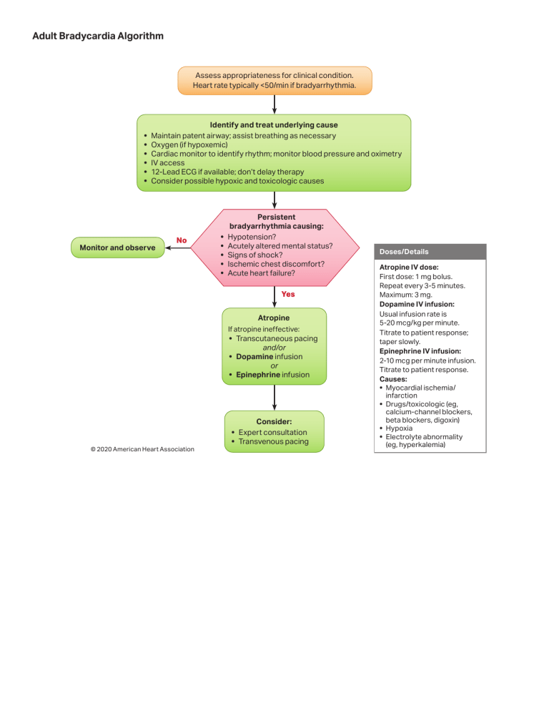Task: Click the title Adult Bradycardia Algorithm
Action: pyautogui.click(x=98, y=35)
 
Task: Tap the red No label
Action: pyautogui.click(x=182, y=240)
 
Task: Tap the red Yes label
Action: pyautogui.click(x=287, y=294)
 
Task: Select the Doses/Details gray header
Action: pyautogui.click(x=400, y=252)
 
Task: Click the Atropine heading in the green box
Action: pyautogui.click(x=274, y=317)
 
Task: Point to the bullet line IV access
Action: pyautogui.click(x=167, y=162)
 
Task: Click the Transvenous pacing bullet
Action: pyautogui.click(x=272, y=441)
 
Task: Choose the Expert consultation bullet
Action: pyautogui.click(x=272, y=432)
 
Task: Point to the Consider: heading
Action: pyautogui.click(x=274, y=421)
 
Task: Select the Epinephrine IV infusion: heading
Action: pyautogui.click(x=420, y=351)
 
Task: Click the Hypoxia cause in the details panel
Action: pyautogui.click(x=399, y=428)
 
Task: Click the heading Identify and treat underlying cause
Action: pyautogui.click(x=274, y=125)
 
